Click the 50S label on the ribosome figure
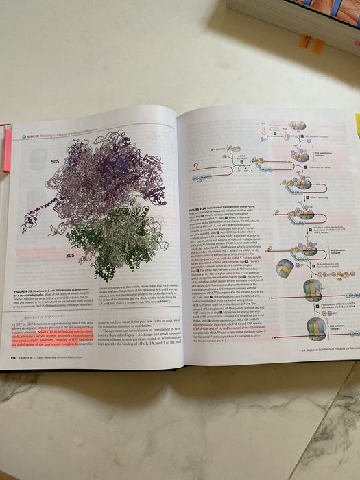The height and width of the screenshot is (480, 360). [x=57, y=160]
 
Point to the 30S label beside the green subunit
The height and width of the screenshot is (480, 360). [x=71, y=254]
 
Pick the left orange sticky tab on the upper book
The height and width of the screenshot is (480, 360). [x=304, y=41]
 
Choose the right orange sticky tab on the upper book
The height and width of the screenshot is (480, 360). [x=317, y=46]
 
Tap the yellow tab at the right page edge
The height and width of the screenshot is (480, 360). [x=357, y=123]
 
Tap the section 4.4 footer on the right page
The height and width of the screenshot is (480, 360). [x=322, y=352]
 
